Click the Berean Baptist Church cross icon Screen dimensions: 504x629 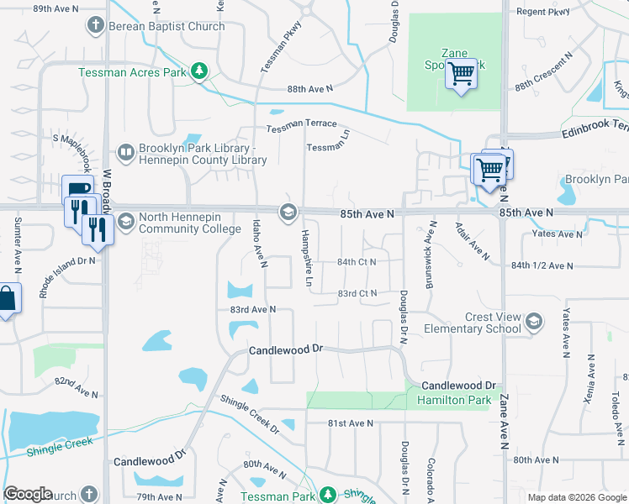pos(97,26)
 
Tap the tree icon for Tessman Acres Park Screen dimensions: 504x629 pos(199,72)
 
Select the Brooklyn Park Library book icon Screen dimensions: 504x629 pos(125,152)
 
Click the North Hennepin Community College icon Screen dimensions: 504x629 pos(125,222)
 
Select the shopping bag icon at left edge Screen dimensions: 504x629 pos(7,300)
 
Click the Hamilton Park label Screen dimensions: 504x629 pos(453,401)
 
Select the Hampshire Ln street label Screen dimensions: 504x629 pos(307,258)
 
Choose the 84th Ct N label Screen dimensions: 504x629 pos(357,262)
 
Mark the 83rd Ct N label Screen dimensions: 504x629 pos(357,293)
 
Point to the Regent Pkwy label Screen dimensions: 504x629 pos(542,12)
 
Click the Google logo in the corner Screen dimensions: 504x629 pos(28,494)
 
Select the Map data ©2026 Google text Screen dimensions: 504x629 pos(576,497)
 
